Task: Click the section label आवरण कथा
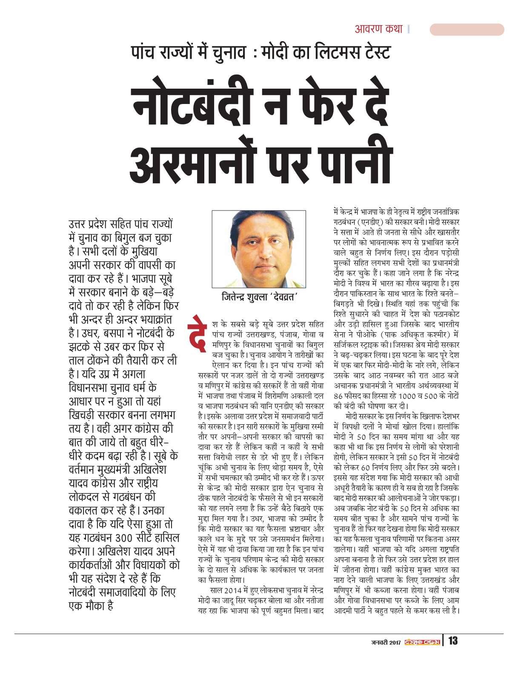[x=378, y=29]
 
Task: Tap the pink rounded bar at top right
[x=467, y=29]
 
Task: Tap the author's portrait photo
[x=259, y=249]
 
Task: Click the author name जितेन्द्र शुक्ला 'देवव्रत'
[x=259, y=297]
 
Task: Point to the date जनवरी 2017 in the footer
[x=386, y=641]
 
